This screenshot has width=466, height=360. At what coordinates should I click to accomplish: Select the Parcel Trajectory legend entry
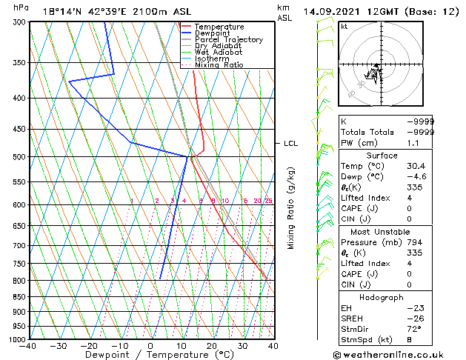coord(228,39)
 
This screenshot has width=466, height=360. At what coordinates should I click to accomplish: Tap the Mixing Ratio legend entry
coord(219,65)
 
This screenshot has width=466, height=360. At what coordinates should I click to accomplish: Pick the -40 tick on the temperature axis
coord(28,346)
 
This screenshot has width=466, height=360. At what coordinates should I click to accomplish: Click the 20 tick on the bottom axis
coord(212,346)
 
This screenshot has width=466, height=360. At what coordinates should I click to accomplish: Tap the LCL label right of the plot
coord(290,144)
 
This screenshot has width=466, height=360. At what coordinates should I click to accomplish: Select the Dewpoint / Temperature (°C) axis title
coord(150,355)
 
